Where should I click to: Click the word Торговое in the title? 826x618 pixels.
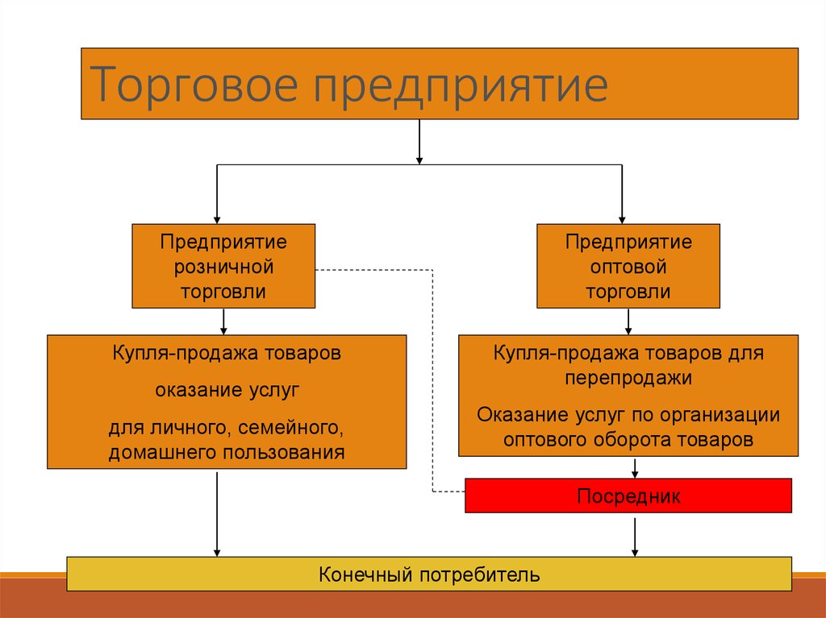pyautogui.click(x=194, y=85)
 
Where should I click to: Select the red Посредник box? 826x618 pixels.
pyautogui.click(x=628, y=496)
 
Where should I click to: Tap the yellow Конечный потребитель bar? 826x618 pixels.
pyautogui.click(x=429, y=574)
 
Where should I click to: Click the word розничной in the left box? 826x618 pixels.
pyautogui.click(x=223, y=267)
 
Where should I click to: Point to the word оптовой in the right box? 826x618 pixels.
pyautogui.click(x=628, y=267)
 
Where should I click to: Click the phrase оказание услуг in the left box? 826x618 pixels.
pyautogui.click(x=227, y=390)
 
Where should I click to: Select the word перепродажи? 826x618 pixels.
pyautogui.click(x=628, y=378)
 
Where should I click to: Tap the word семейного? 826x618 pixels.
pyautogui.click(x=290, y=427)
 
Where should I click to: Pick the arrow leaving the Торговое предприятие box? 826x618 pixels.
pyautogui.click(x=419, y=142)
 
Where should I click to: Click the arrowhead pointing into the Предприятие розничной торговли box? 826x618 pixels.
pyautogui.click(x=216, y=220)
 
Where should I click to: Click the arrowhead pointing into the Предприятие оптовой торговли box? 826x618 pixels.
pyautogui.click(x=622, y=220)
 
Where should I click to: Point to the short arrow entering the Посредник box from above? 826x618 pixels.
pyautogui.click(x=635, y=467)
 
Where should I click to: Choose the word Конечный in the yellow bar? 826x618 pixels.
pyautogui.click(x=365, y=574)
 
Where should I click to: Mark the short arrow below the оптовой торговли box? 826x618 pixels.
pyautogui.click(x=628, y=321)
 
